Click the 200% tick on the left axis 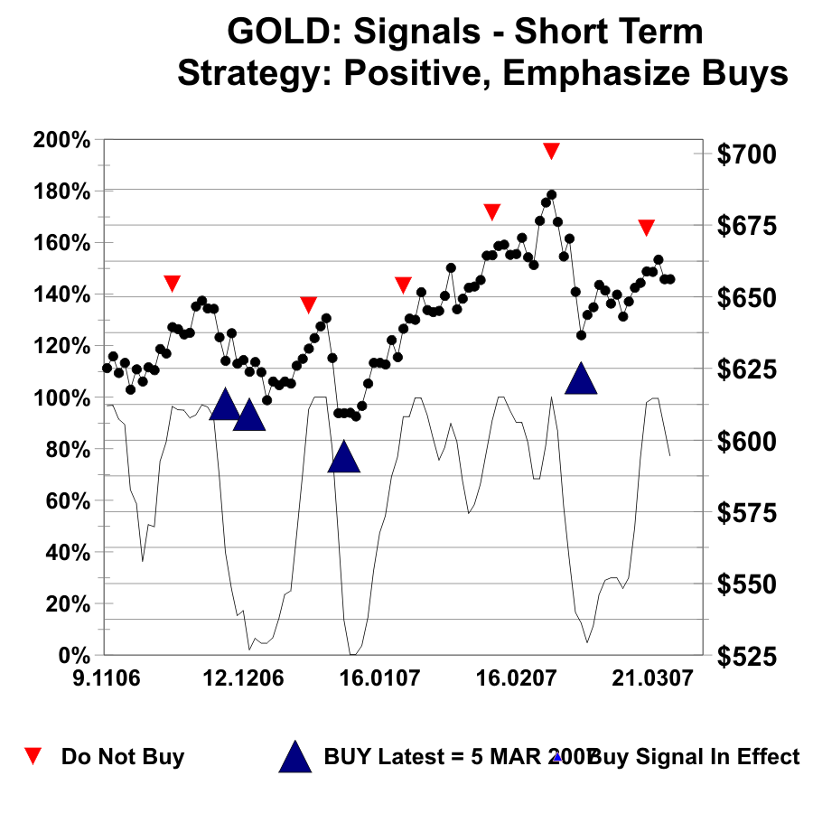pos(61,140)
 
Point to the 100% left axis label pos(61,397)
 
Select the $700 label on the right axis pos(746,154)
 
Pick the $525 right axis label pos(746,656)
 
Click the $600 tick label pos(746,442)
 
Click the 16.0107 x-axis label pos(378,677)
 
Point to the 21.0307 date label pos(648,677)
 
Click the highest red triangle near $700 pos(551,150)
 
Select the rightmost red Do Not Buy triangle pos(646,227)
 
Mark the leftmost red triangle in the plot pos(173,283)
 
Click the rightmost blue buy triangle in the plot pos(581,379)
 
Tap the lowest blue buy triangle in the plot pos(343,458)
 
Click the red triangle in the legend pos(33,756)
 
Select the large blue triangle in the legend pos(294,757)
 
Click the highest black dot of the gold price pos(551,194)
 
